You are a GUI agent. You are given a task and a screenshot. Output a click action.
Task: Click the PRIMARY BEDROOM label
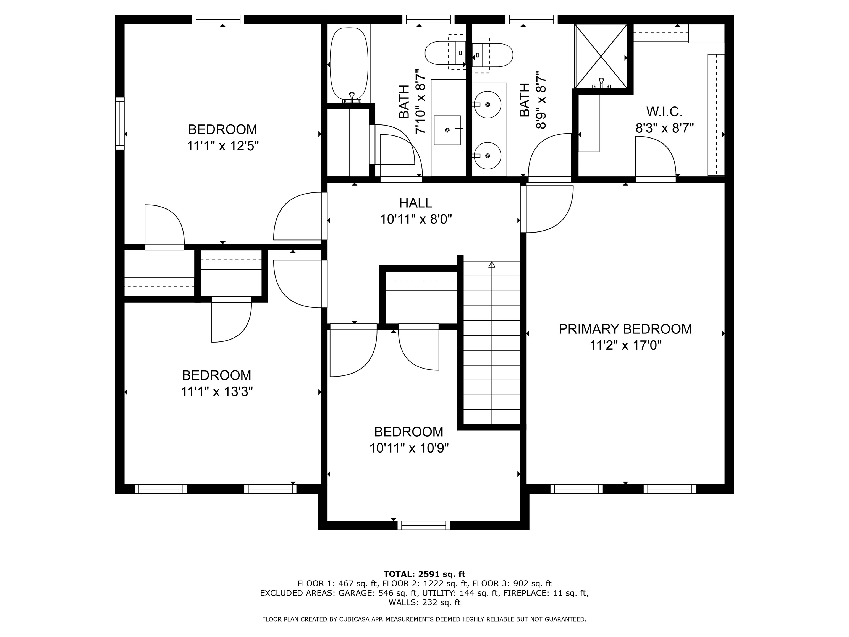[x=625, y=329]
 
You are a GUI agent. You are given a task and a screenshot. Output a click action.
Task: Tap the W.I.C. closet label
[x=664, y=112]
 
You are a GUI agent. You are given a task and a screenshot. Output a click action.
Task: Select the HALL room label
[x=415, y=203]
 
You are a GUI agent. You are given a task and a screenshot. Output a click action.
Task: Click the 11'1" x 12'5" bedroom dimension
[x=222, y=146]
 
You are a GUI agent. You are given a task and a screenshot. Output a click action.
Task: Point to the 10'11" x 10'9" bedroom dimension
[x=409, y=448]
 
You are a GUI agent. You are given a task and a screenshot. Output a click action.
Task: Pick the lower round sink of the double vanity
[x=488, y=155]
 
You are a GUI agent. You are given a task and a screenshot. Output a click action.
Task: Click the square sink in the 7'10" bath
[x=447, y=130]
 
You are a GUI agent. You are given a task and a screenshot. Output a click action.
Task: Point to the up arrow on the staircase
[x=492, y=265]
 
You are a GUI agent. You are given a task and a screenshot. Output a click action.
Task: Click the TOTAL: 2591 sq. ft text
[x=424, y=574]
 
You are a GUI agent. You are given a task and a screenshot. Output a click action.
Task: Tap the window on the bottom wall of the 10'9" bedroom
[x=423, y=525]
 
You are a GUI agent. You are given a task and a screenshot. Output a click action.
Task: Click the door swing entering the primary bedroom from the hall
[x=549, y=209]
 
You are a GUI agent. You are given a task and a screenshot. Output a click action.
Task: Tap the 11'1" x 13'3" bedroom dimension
[x=217, y=392]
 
